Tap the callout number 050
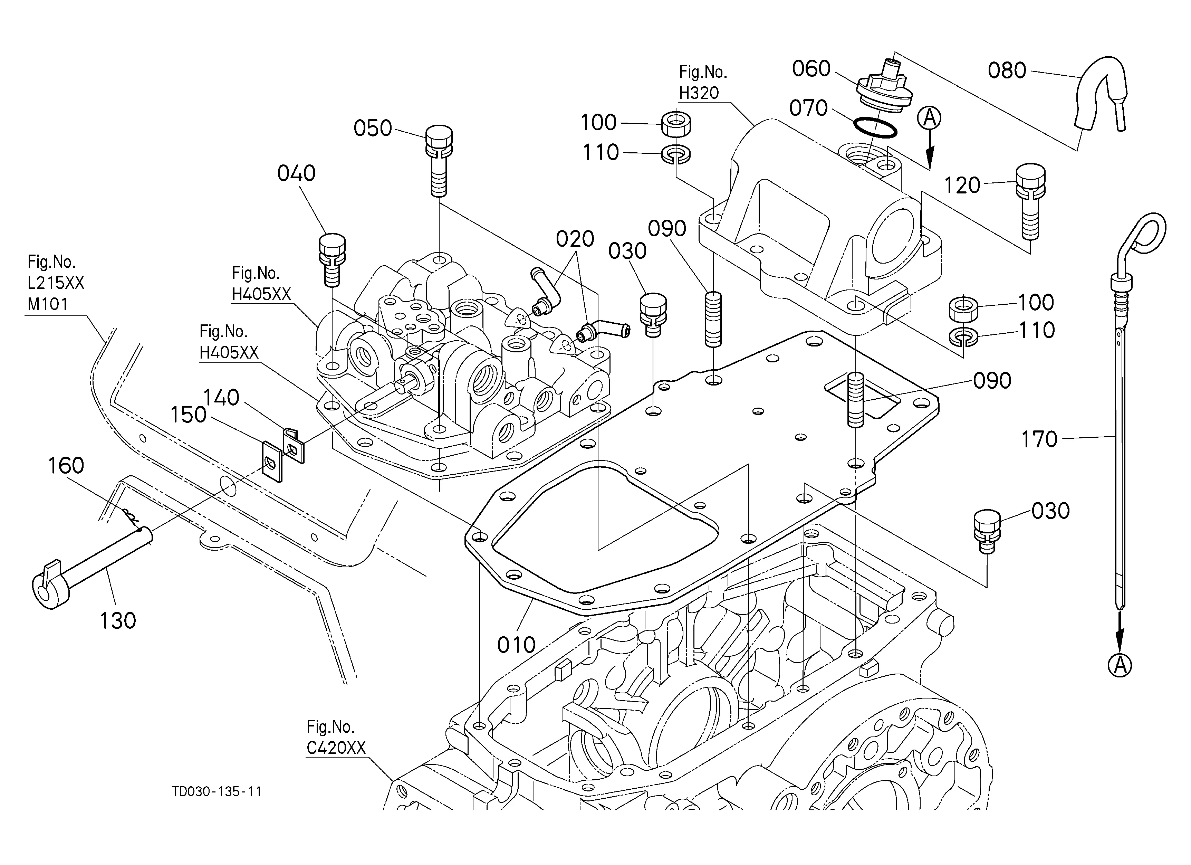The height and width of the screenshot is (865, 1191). (x=373, y=129)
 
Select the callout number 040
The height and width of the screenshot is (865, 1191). (x=296, y=173)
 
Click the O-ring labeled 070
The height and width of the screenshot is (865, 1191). (x=874, y=127)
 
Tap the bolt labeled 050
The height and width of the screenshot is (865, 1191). (x=439, y=161)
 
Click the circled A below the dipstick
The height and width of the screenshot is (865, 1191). (x=1120, y=666)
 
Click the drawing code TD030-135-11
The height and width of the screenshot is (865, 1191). (x=217, y=791)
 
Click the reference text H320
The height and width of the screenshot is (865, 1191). (x=699, y=93)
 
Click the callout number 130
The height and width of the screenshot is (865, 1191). (x=118, y=621)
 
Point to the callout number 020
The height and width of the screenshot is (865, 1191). (x=575, y=239)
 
